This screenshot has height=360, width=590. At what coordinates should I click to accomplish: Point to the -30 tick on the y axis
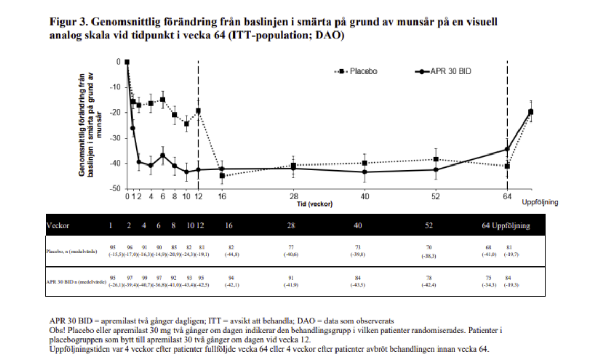click(x=115, y=138)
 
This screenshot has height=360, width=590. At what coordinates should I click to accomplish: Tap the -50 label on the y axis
click(x=115, y=189)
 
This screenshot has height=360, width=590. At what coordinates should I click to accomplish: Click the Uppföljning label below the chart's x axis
click(x=540, y=202)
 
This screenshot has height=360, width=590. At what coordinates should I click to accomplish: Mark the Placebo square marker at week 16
click(x=222, y=176)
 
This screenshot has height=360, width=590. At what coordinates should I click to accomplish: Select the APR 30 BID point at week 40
click(x=364, y=172)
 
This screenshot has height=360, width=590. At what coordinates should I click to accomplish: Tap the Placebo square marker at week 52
click(x=435, y=159)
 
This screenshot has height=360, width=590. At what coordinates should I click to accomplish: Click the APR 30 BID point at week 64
click(x=507, y=149)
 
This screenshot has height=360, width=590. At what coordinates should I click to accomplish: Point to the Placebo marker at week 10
click(x=186, y=124)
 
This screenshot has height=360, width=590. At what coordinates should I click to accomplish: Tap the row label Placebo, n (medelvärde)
click(x=72, y=251)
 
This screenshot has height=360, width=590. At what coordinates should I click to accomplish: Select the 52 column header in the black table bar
click(x=430, y=225)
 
